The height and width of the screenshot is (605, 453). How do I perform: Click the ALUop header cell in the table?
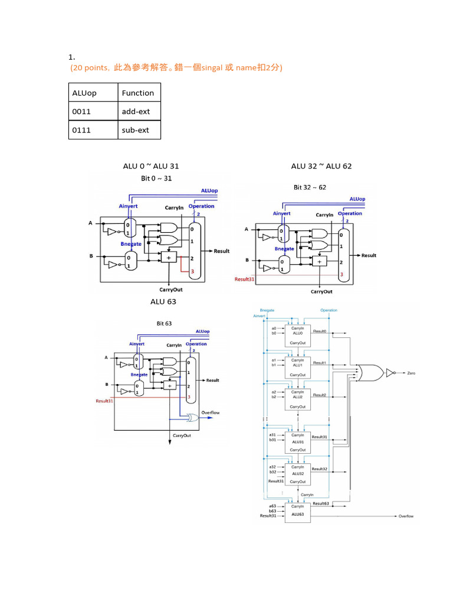pyautogui.click(x=84, y=93)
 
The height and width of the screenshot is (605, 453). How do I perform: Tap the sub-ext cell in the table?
pyautogui.click(x=135, y=130)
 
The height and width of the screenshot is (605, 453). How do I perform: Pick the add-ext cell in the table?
pyautogui.click(x=136, y=111)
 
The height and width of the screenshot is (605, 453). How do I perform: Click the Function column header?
pyautogui.click(x=137, y=93)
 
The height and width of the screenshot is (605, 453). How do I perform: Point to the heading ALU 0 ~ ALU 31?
pyautogui.click(x=151, y=166)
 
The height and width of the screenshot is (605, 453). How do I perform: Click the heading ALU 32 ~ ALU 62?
pyautogui.click(x=321, y=166)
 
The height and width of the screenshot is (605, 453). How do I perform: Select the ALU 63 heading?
pyautogui.click(x=163, y=301)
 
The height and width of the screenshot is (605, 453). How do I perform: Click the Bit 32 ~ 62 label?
pyautogui.click(x=310, y=187)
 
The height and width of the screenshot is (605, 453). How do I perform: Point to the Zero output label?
pyautogui.click(x=411, y=373)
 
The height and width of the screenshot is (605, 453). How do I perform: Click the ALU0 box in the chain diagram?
pyautogui.click(x=298, y=335)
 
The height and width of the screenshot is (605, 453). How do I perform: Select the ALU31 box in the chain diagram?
pyautogui.click(x=298, y=442)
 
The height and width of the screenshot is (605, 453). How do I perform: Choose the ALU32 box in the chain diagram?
pyautogui.click(x=298, y=474)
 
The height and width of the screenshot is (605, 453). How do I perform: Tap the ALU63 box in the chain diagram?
pyautogui.click(x=298, y=513)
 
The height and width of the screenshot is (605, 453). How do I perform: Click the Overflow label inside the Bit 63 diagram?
pyautogui.click(x=210, y=412)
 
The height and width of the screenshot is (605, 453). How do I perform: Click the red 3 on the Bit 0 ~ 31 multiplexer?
pyautogui.click(x=192, y=271)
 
